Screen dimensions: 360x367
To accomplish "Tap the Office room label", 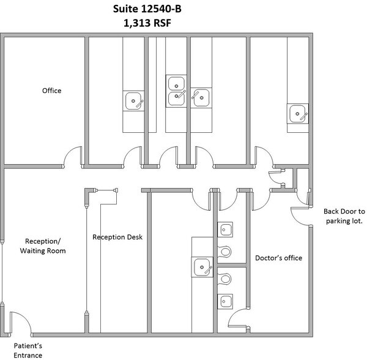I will pos(51,91).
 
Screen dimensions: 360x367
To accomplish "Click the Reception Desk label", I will pos(117,237).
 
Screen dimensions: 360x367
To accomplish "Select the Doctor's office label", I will pos(278,258).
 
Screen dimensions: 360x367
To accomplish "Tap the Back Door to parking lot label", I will pos(343,217).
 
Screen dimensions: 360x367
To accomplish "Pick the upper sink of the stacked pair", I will pos(177,83).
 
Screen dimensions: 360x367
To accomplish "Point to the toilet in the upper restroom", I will pos(225,251).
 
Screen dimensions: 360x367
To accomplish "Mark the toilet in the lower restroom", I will pos(225,279).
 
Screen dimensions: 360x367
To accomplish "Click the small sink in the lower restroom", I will pos(225,301).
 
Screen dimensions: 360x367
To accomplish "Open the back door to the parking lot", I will pos(300,214).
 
